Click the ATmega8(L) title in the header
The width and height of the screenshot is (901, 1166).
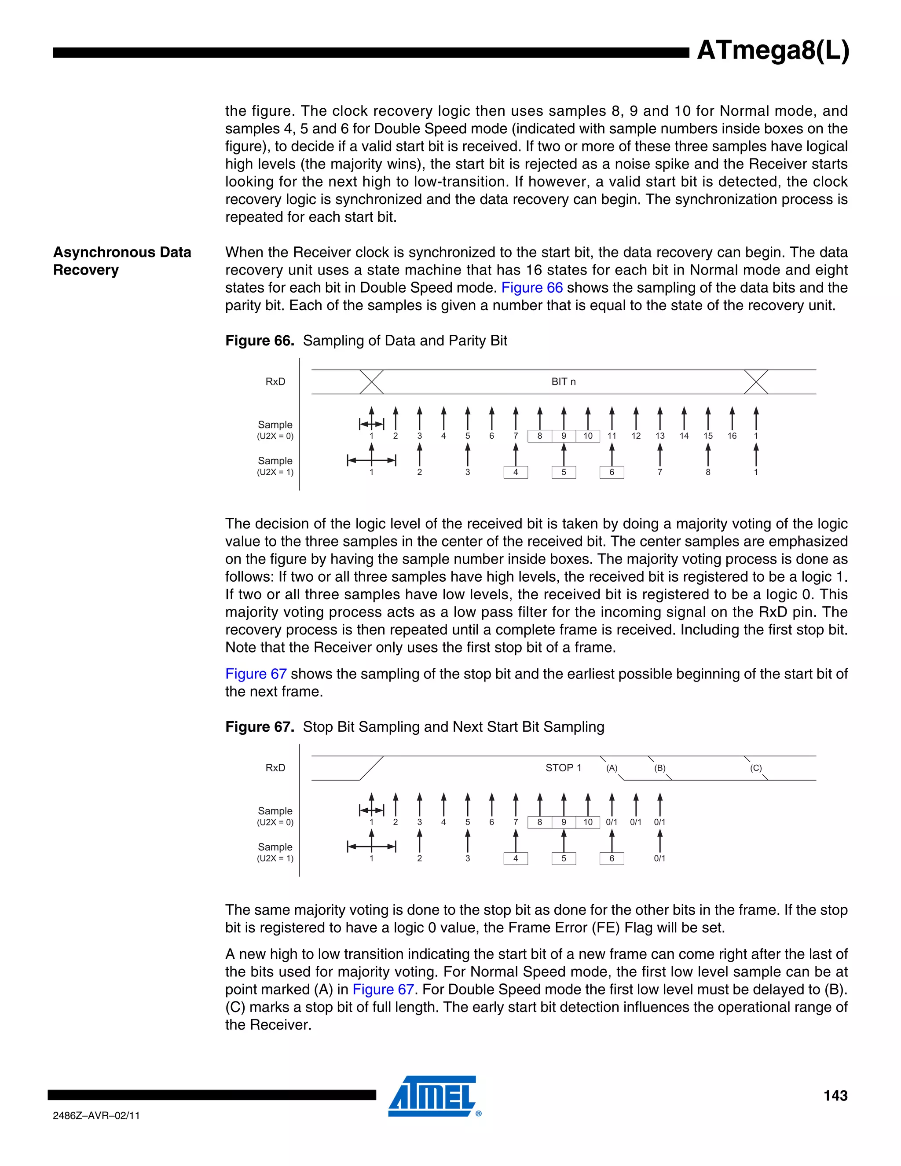coord(773,51)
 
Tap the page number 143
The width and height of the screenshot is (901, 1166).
coord(835,1096)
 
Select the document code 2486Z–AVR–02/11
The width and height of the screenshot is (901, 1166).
coord(96,1115)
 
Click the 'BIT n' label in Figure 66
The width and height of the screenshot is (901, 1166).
coord(563,382)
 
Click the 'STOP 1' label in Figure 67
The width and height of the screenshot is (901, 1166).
coord(563,768)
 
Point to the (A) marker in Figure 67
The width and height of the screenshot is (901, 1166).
coord(612,768)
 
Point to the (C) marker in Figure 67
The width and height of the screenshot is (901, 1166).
coord(756,768)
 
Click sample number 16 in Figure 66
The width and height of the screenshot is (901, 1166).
coord(732,436)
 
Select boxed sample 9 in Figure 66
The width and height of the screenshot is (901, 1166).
coord(564,436)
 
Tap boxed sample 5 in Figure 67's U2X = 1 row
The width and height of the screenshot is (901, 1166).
coord(564,858)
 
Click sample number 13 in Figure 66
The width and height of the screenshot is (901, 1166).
coord(660,436)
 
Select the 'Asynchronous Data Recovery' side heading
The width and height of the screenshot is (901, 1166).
coord(122,261)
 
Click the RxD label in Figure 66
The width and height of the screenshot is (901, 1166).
coord(275,382)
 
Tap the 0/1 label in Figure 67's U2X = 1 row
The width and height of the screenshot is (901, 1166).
coord(660,858)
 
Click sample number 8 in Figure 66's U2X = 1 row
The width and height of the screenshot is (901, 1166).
coord(708,473)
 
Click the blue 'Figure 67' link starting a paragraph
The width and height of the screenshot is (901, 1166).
coord(256,674)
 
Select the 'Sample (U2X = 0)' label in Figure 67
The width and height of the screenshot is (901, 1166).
coord(275,816)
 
